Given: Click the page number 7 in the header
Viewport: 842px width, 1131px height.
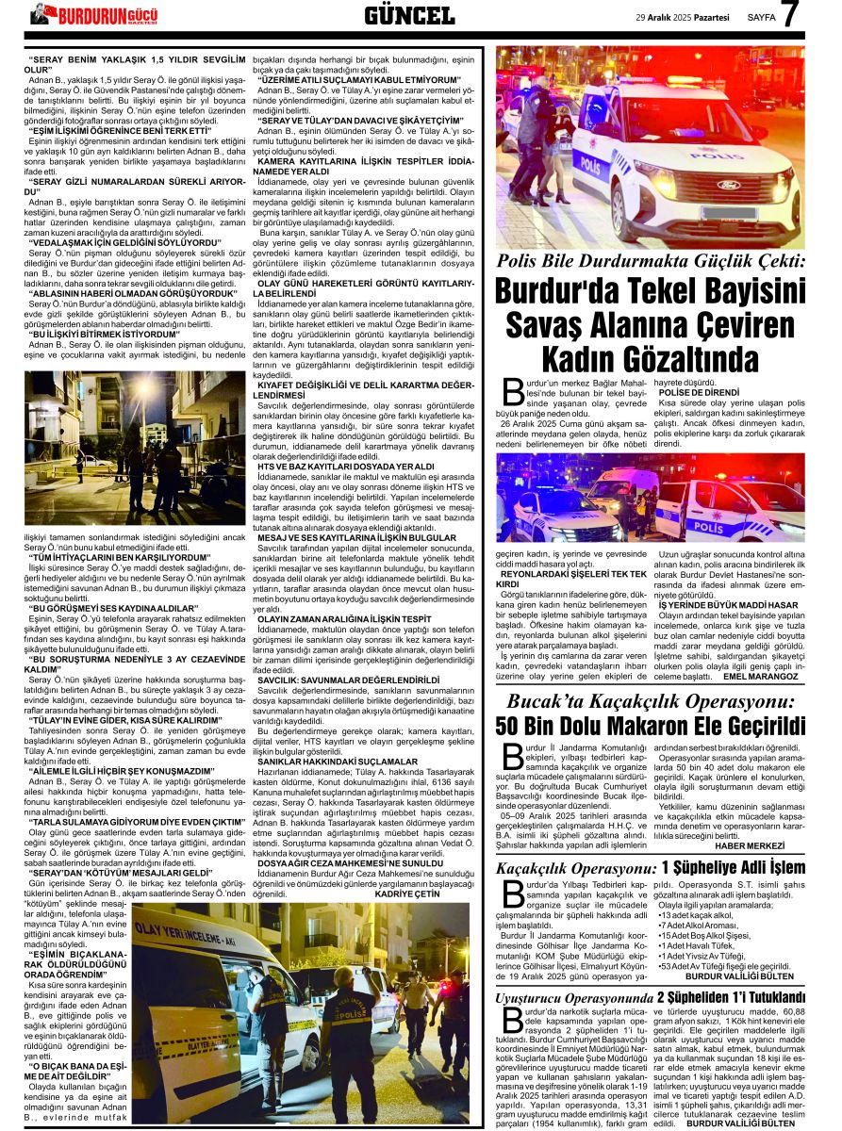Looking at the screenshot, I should [789, 14].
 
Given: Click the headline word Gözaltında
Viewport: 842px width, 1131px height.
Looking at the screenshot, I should [651, 359].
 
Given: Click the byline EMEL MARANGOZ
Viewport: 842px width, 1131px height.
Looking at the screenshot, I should [761, 677].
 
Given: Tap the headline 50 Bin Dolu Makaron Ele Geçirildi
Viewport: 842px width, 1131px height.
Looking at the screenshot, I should [651, 727].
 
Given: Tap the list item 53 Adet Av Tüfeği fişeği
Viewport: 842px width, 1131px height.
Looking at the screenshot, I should [724, 965].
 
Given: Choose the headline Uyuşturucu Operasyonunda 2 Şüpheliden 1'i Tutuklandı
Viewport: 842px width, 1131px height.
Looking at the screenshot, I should [651, 996].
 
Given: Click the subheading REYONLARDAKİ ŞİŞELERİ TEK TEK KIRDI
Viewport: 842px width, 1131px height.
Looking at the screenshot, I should [573, 577].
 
